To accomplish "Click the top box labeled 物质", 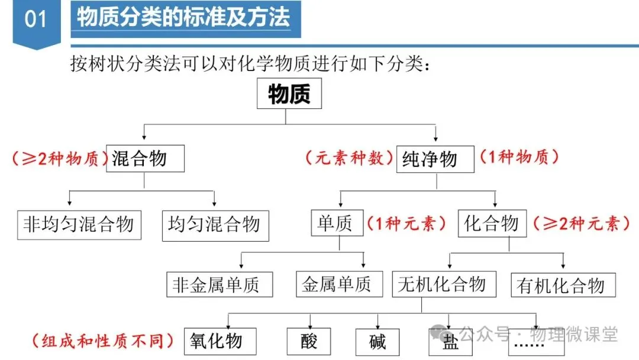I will pos(289,94).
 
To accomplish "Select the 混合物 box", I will pos(145,159).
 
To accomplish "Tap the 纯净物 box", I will pos(435,159).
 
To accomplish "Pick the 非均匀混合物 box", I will pos(79,224).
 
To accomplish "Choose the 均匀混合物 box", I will pos(215,224).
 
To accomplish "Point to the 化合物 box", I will pos(492,223).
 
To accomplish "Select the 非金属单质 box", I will pos(220,285).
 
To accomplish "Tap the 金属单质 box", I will pos(336,285).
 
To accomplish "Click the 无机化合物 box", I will pos(442,285).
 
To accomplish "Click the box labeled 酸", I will pos(309,342).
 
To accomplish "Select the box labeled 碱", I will pos(377,342).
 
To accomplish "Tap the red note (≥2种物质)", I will pos(59,159).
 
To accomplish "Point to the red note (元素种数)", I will pos(349,158).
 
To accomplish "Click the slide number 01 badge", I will pos(35,20).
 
